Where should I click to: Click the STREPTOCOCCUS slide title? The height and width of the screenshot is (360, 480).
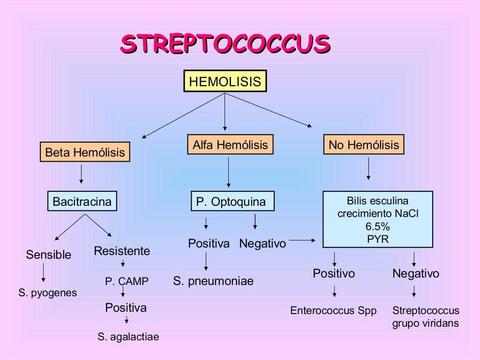(x=225, y=45)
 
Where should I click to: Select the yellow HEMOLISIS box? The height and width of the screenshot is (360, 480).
(x=225, y=82)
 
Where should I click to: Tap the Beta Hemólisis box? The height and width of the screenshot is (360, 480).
(x=85, y=152)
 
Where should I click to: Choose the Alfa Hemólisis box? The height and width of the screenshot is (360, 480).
(x=230, y=145)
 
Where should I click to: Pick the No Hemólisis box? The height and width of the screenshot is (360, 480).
(x=364, y=145)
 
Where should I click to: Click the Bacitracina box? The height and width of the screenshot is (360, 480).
(x=82, y=202)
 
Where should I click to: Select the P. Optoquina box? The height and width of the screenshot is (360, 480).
(x=231, y=202)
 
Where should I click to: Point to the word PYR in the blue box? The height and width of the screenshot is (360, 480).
(x=378, y=239)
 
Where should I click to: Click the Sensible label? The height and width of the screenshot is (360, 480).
(x=49, y=255)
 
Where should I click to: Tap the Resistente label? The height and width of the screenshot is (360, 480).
(x=122, y=251)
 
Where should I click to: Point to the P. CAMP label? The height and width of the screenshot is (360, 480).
(x=127, y=281)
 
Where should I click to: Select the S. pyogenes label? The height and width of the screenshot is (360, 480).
(x=47, y=293)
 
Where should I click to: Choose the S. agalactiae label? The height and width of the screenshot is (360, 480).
(x=128, y=337)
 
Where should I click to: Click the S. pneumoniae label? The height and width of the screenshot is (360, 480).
(x=213, y=281)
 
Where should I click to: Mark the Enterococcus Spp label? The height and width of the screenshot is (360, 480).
(x=333, y=311)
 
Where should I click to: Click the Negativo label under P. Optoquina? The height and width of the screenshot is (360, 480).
(x=262, y=244)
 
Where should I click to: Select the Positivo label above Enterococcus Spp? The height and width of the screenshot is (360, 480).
(x=334, y=273)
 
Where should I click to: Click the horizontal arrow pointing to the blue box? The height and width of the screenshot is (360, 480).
(x=304, y=241)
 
